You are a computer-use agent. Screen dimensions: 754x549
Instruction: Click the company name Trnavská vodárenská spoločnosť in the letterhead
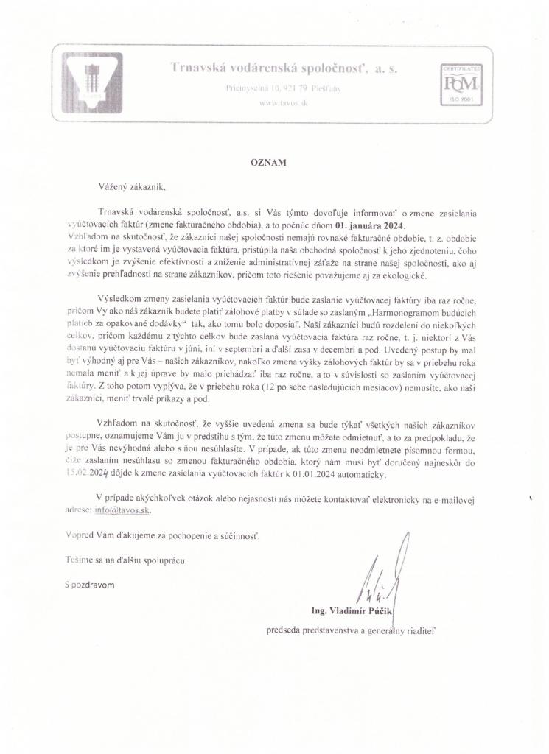click(x=284, y=68)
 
